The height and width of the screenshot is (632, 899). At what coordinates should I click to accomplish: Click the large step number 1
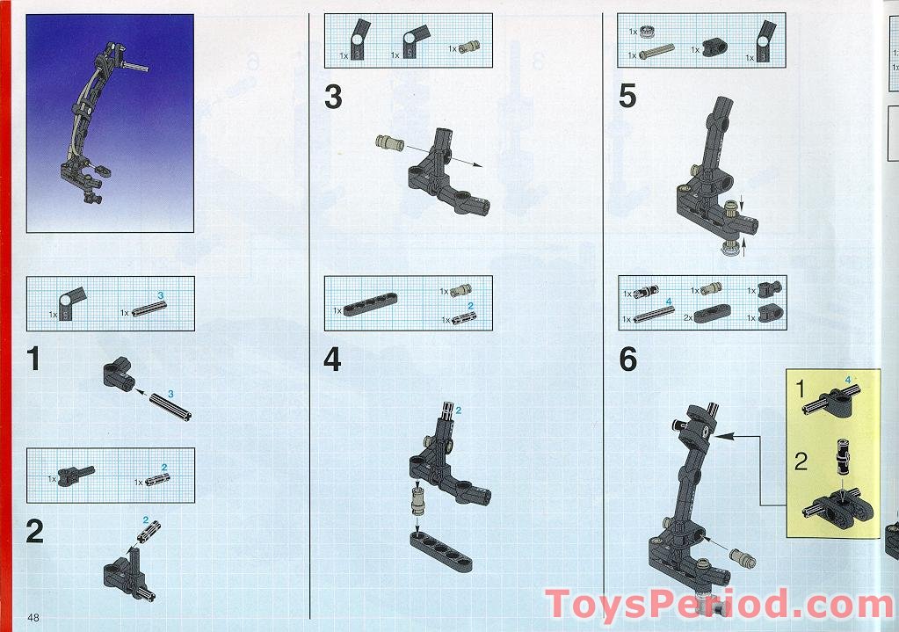pos(33,360)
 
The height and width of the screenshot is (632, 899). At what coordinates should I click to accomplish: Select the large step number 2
pos(34,532)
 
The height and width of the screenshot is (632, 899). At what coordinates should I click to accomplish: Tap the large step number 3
pos(333,98)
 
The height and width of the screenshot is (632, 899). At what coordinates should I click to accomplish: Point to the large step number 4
pos(332,360)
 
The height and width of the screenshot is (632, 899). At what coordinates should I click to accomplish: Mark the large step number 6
pos(627,360)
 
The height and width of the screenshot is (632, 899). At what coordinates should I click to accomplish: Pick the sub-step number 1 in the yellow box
pos(801,388)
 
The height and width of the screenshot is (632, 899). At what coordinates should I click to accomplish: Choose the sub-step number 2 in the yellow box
pos(801,461)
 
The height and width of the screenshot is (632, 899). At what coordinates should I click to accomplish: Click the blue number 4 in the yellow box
pos(848,380)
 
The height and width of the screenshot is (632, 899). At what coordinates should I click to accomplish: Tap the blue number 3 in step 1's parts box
pos(161,294)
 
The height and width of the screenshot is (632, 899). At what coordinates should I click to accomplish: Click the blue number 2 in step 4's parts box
pos(470,305)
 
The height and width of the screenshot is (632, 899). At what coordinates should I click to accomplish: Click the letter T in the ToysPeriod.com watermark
pos(560,606)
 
